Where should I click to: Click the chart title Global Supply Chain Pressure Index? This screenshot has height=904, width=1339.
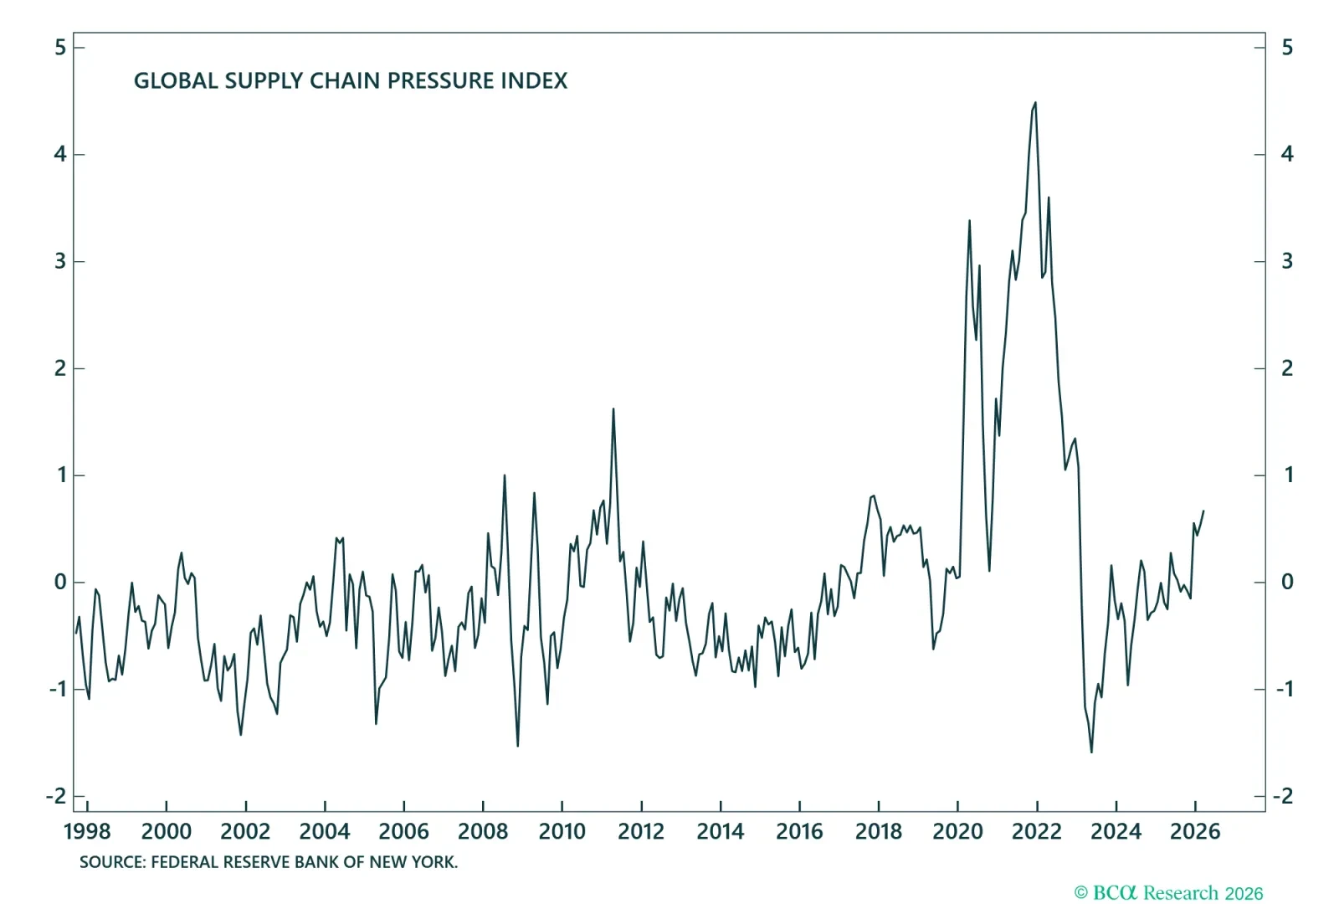pos(351,80)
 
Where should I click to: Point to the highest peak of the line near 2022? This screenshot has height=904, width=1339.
pos(1035,104)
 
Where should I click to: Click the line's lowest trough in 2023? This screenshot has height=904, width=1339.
pos(1091,752)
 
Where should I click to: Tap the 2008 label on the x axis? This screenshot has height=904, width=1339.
pos(483,831)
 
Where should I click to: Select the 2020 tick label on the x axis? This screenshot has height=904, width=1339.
pos(957,831)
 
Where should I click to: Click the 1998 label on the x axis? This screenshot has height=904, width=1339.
pos(87,831)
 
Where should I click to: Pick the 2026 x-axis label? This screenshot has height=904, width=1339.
pos(1194,831)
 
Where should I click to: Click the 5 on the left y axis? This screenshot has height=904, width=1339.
pos(60,48)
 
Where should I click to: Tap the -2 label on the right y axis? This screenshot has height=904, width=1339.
pos(1283,796)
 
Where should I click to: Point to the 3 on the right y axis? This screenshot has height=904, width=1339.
pos(1287,261)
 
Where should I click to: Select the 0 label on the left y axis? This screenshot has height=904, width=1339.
pos(60,582)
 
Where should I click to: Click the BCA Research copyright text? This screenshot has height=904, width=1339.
pos(1168,893)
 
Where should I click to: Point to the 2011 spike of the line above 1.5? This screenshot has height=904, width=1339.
pos(613,409)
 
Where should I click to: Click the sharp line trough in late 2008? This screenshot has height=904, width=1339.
pos(518,745)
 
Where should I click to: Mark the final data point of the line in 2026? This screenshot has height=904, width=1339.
pos(1203,511)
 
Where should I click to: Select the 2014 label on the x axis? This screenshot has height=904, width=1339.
pos(721,831)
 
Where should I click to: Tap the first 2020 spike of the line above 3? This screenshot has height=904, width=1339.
pos(969,221)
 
